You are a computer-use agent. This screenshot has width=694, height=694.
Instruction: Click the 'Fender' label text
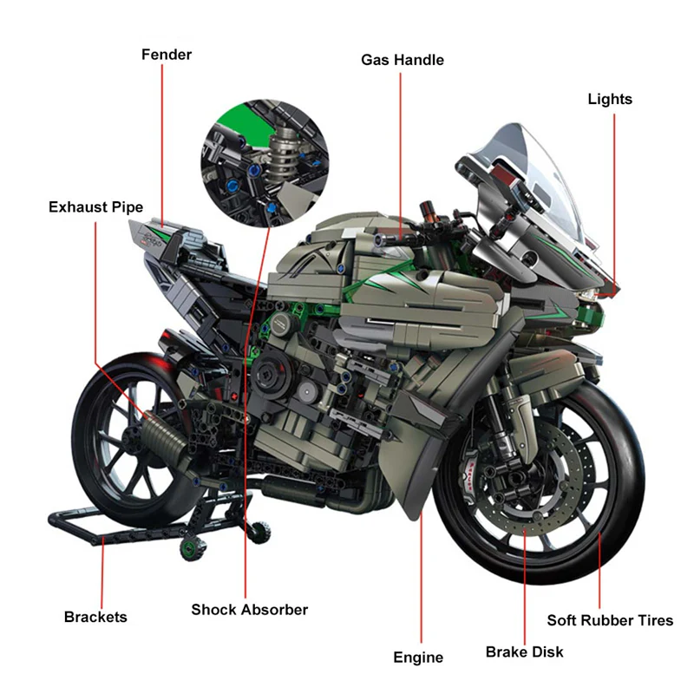click(x=167, y=55)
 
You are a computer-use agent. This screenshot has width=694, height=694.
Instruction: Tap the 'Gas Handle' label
click(x=402, y=60)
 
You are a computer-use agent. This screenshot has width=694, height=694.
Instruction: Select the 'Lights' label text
click(x=610, y=99)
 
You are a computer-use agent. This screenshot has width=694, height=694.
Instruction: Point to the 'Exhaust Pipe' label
click(x=95, y=207)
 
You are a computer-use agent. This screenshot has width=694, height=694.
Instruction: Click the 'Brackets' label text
click(x=95, y=617)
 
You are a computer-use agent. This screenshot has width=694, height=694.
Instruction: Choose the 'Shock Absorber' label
click(x=250, y=610)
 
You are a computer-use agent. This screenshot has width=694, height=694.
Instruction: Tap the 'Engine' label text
click(x=418, y=658)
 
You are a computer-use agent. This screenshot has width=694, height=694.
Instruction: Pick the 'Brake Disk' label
click(x=524, y=651)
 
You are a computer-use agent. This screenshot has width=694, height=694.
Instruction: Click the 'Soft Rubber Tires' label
click(x=610, y=620)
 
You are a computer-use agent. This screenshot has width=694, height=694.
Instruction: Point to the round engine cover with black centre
click(x=284, y=323)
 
